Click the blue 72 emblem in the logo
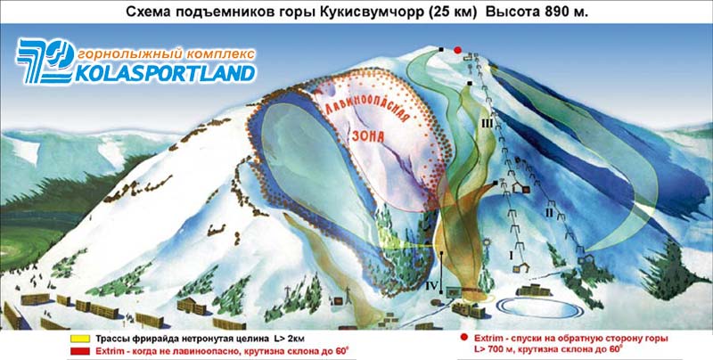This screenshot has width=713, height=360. [45, 61]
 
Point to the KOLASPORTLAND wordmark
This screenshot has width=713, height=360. [165, 73]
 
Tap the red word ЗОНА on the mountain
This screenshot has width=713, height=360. [368, 135]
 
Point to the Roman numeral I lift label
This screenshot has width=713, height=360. [512, 256]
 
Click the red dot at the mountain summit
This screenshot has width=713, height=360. [458, 50]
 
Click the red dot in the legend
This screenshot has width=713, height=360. [463, 337]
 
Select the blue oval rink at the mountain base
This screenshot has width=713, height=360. [540, 308]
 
